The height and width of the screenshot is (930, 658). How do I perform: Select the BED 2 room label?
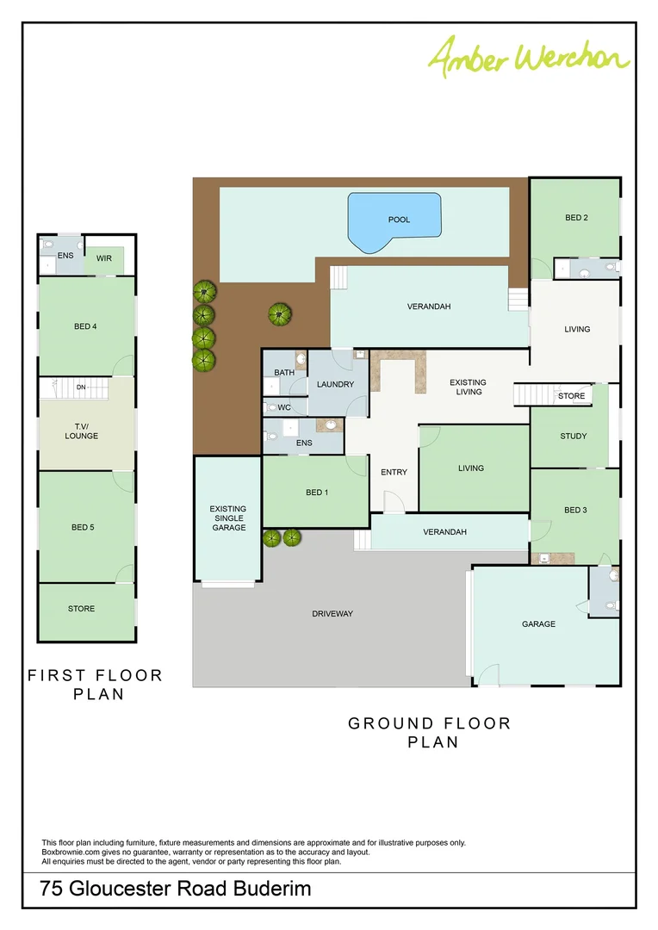[576, 218]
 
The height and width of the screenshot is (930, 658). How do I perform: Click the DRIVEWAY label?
[332, 614]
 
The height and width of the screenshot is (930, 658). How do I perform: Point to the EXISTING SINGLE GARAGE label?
[227, 518]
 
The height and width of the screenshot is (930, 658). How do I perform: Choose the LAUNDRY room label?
[335, 384]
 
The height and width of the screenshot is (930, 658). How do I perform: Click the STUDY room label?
[573, 436]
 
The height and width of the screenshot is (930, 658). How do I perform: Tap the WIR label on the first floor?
[103, 257]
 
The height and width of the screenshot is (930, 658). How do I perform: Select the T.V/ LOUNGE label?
[82, 431]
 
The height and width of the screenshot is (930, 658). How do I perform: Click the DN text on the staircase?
[81, 387]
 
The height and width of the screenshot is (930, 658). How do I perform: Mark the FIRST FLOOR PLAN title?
[95, 685]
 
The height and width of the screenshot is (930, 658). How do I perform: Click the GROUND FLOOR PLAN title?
[430, 732]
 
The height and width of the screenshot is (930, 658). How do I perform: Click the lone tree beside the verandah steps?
[277, 314]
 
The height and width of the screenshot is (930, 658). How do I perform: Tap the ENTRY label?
[394, 472]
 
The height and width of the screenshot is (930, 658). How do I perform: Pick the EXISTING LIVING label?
[468, 387]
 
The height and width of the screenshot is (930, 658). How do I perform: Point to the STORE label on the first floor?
[81, 609]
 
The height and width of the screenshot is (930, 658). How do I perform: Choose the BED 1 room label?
[316, 493]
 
